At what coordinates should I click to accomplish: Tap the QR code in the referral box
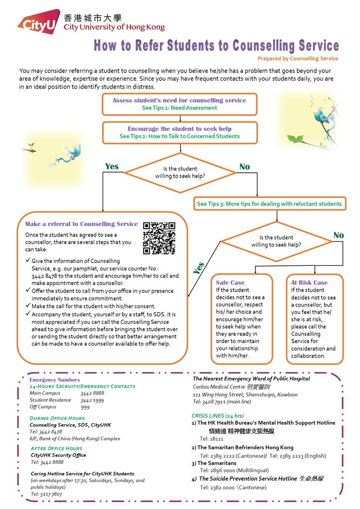click(x=159, y=238)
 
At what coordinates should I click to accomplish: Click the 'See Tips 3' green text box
click(x=269, y=204)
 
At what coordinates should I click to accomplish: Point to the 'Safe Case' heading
click(x=230, y=282)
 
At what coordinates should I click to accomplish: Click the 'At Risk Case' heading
click(x=309, y=282)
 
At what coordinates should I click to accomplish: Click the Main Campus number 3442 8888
click(x=92, y=393)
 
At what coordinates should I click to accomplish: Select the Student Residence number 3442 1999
click(x=92, y=400)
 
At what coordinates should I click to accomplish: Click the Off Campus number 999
click(x=85, y=407)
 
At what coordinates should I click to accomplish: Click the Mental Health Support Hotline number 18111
click(x=207, y=438)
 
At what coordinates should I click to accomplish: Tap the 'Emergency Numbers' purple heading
click(x=55, y=379)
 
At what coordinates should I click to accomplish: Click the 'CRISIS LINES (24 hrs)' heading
click(x=217, y=416)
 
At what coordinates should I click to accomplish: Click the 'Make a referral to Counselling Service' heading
click(x=81, y=224)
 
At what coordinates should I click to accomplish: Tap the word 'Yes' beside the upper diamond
click(x=112, y=166)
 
